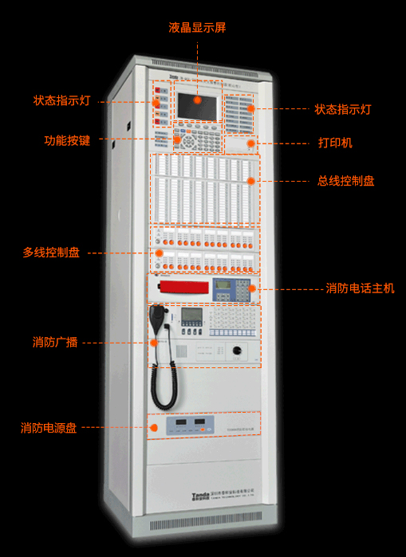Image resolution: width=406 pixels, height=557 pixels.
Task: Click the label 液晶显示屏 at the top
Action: pyautogui.click(x=197, y=27)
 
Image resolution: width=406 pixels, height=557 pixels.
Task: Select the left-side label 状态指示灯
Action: pyautogui.click(x=62, y=101)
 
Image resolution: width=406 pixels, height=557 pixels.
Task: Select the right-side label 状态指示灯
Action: pyautogui.click(x=343, y=108)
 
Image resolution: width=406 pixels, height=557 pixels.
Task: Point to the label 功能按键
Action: pyautogui.click(x=67, y=140)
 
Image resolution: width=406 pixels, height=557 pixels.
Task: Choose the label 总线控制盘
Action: pyautogui.click(x=345, y=181)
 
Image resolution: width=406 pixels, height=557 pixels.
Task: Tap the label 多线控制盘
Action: pyautogui.click(x=51, y=253)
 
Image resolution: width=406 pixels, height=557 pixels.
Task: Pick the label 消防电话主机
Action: pyautogui.click(x=360, y=288)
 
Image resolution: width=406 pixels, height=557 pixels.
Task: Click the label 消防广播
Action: pyautogui.click(x=55, y=343)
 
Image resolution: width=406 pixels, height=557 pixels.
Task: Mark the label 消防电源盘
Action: pyautogui.click(x=49, y=428)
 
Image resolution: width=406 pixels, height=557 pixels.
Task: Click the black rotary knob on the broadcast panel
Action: pyautogui.click(x=236, y=351)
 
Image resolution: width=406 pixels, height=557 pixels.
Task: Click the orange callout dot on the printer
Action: pyautogui.click(x=250, y=143)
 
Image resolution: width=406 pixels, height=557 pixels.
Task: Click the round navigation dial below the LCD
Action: pyautogui.click(x=191, y=140)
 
